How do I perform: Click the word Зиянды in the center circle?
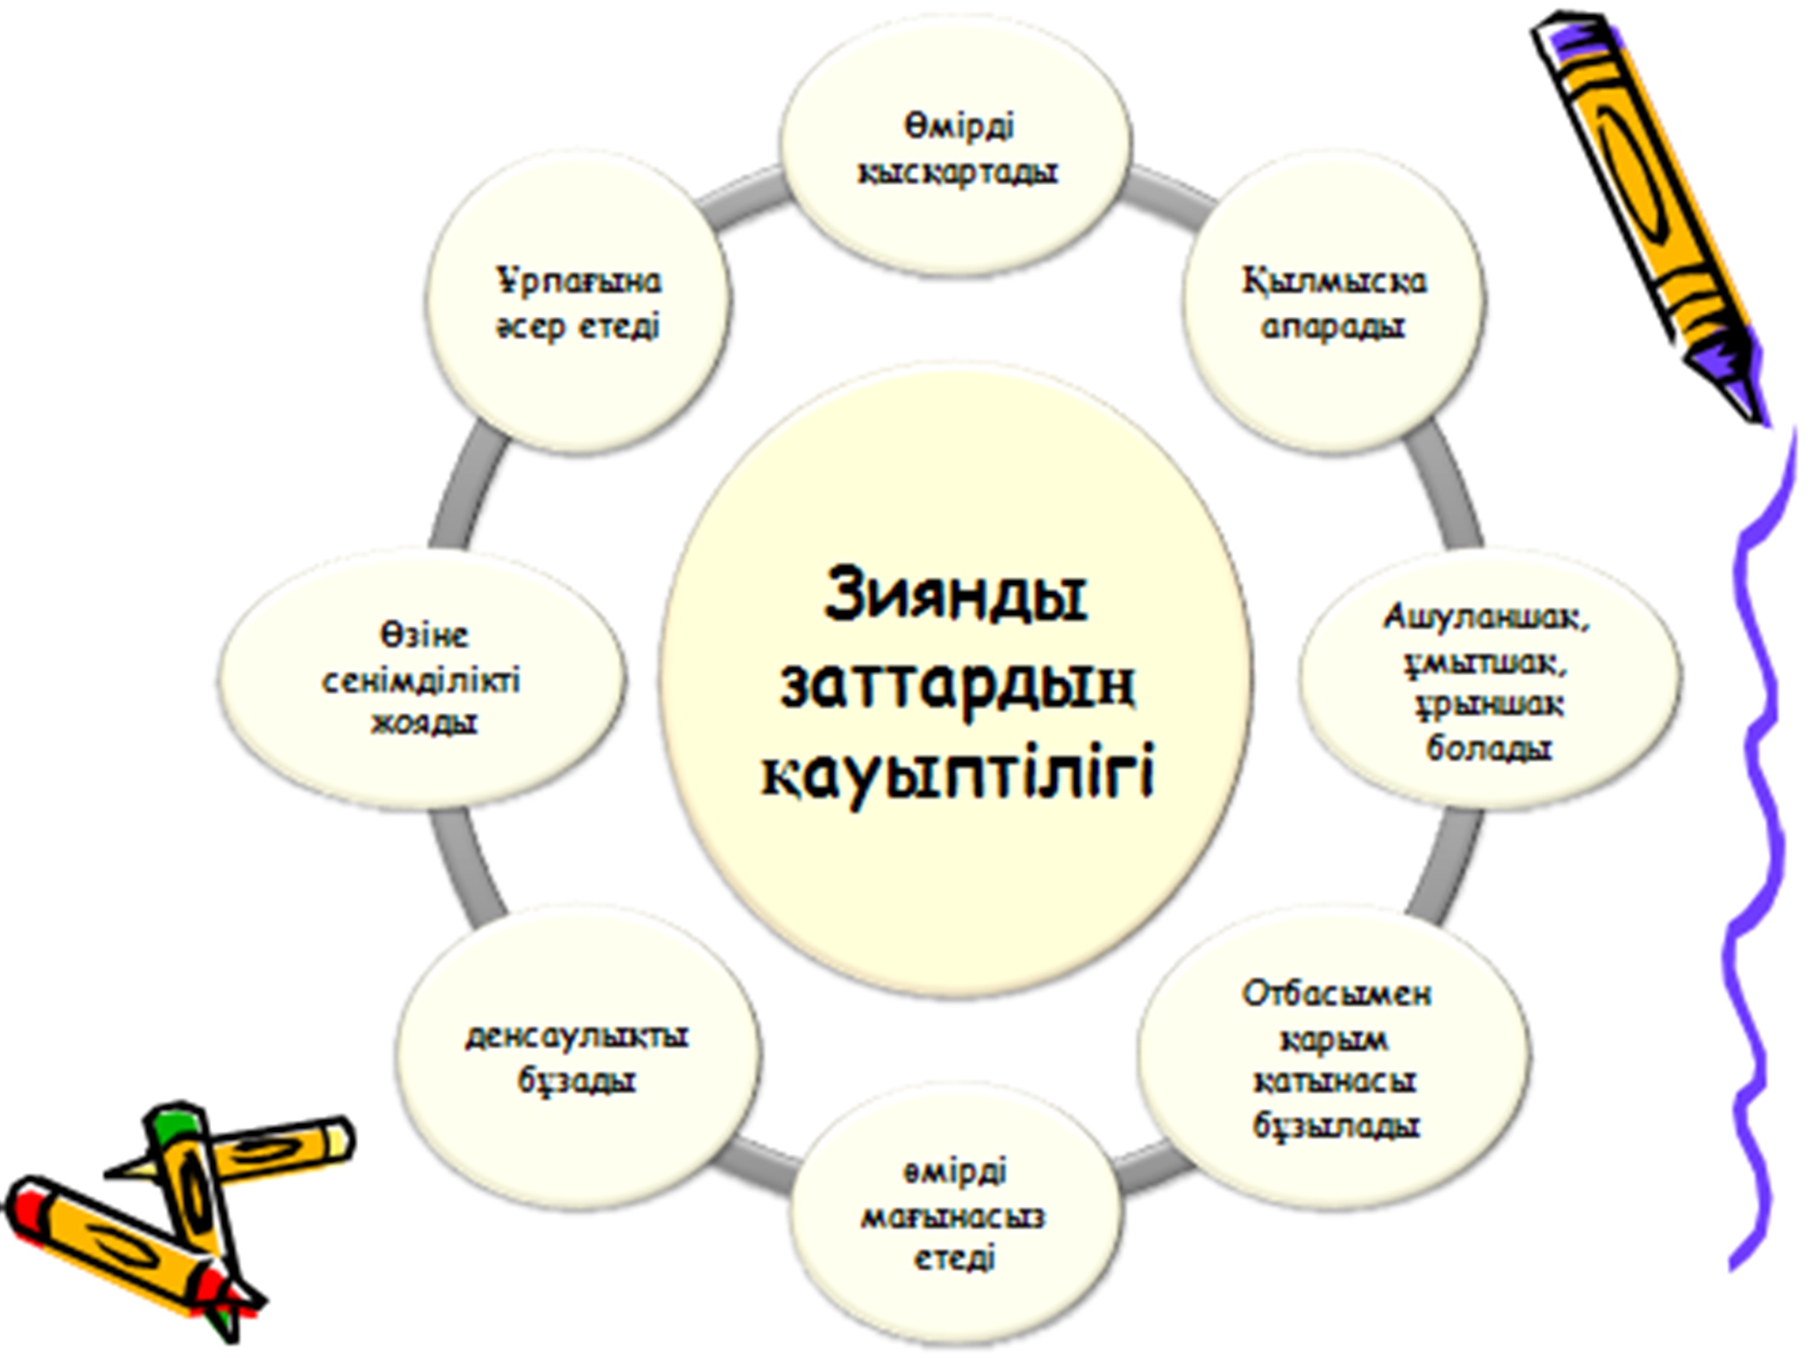pos(955,596)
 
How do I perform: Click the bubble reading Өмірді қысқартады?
pos(956,149)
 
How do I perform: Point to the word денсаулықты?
pos(577,1036)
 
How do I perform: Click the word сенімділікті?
pos(421,681)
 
